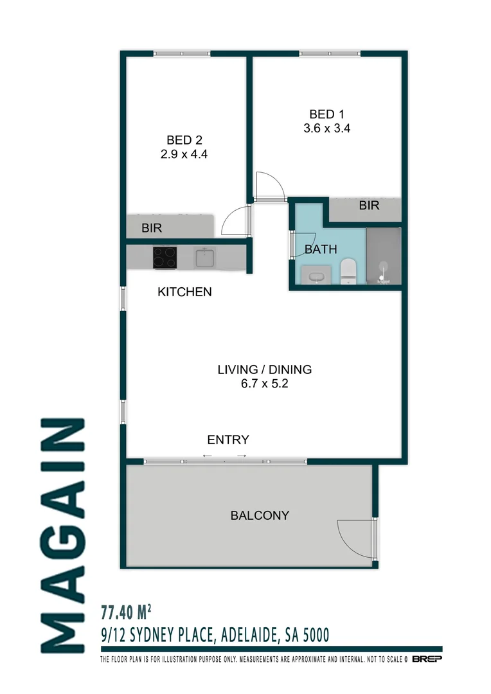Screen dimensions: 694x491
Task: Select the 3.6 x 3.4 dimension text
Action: [x=326, y=129]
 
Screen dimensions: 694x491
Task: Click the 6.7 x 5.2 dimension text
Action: [x=264, y=384]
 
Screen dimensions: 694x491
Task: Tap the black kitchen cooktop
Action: [x=165, y=258]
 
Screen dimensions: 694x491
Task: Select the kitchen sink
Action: [x=205, y=258]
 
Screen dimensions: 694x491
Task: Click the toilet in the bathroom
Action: [x=348, y=270]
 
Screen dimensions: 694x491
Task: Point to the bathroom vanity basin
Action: [x=316, y=277]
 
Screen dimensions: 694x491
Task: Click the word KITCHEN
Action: [x=184, y=292]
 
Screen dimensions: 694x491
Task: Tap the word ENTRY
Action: [x=228, y=440]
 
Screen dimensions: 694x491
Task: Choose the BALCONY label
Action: [x=260, y=515]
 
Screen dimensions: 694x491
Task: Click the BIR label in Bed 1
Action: [x=370, y=206]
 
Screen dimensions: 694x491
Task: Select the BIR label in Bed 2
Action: [x=152, y=228]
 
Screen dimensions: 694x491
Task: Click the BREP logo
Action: [x=427, y=659]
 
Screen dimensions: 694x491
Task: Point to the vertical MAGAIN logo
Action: [x=62, y=535]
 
